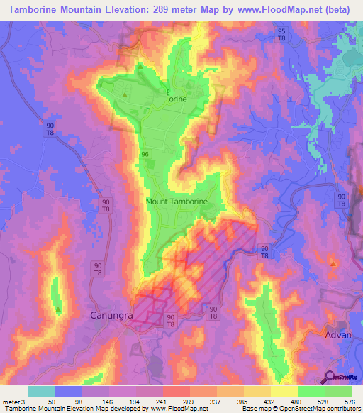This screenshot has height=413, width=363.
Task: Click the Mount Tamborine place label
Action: pyautogui.click(x=177, y=202)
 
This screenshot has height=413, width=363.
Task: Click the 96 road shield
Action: pyautogui.click(x=145, y=154)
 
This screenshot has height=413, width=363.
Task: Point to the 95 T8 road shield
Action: pyautogui.click(x=282, y=35)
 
